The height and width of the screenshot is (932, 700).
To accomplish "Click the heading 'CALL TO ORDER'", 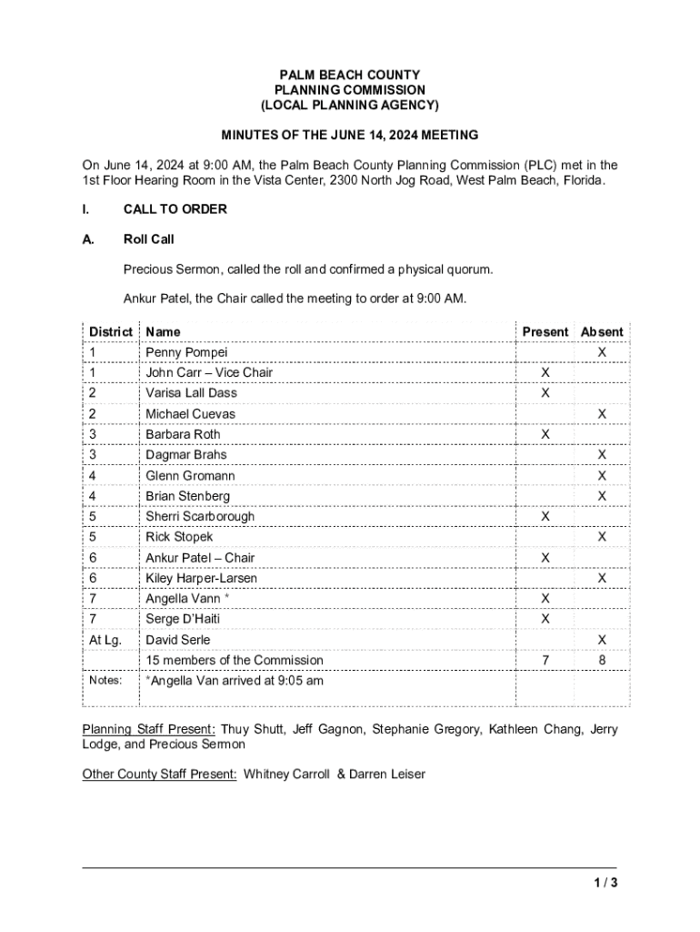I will click(175, 209).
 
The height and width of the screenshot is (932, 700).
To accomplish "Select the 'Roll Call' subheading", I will click(148, 240).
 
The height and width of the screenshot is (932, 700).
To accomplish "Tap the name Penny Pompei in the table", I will click(186, 352).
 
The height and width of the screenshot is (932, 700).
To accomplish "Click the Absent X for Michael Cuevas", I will click(601, 414).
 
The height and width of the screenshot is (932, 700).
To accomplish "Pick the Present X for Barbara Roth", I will click(545, 435).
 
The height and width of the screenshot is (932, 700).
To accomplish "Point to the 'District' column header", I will click(110, 332).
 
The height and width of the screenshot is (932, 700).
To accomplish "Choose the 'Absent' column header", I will click(602, 332).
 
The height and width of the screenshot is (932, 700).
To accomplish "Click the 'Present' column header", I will click(545, 332).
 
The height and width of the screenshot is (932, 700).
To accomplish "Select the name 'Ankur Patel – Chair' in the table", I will click(200, 558).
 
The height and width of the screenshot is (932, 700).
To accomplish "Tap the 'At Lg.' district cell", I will click(105, 640).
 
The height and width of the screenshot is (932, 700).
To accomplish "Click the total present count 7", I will click(545, 661).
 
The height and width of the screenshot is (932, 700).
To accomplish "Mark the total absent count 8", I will click(601, 661).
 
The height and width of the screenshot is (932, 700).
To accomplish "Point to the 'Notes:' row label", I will click(105, 680).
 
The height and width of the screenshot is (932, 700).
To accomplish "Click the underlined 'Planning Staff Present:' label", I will click(149, 729).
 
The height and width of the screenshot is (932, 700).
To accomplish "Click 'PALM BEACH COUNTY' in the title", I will click(350, 75).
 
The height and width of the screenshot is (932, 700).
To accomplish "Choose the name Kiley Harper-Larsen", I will click(201, 579).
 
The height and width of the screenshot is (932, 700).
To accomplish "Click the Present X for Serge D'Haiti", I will click(545, 620).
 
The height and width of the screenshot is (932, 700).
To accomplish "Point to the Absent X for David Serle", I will click(601, 640).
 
